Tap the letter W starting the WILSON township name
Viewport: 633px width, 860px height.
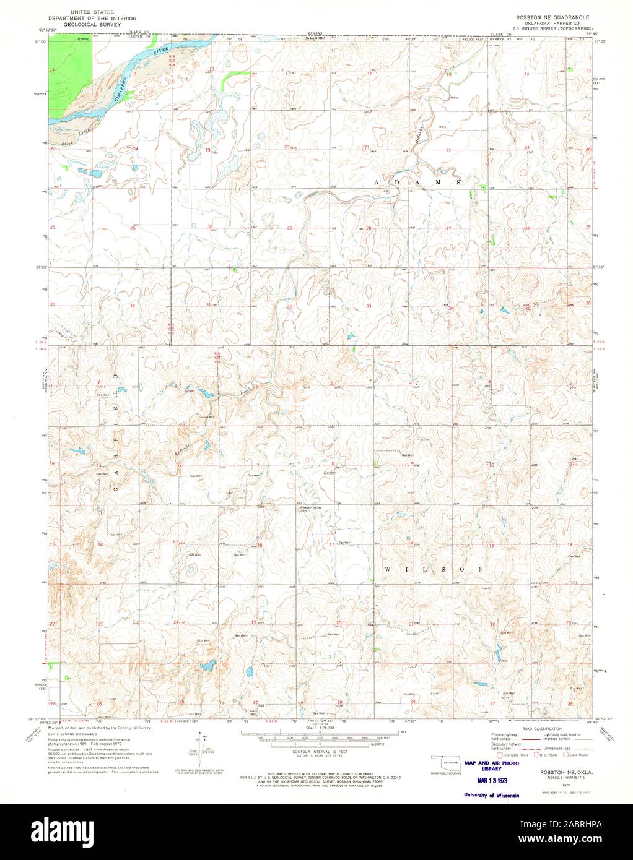pyautogui.click(x=388, y=568)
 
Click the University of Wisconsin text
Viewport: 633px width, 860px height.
pyautogui.click(x=486, y=795)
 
